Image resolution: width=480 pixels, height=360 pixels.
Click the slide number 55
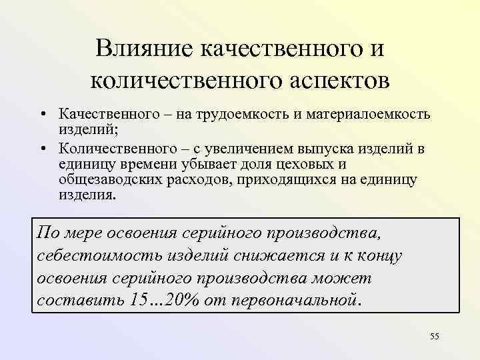[435, 339]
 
